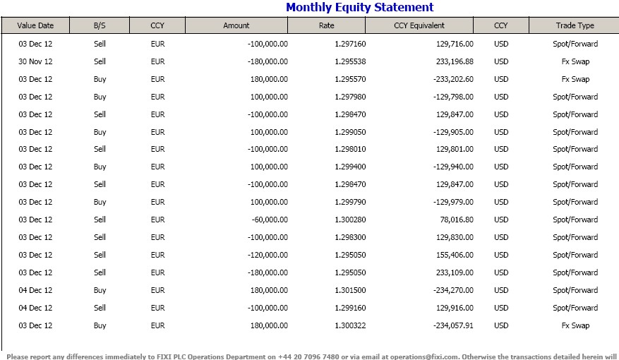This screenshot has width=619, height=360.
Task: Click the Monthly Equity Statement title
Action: [x=359, y=8]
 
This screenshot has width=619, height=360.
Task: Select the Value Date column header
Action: [x=35, y=25]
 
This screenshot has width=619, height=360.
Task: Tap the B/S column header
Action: [x=100, y=25]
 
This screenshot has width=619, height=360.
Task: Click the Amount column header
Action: [x=236, y=25]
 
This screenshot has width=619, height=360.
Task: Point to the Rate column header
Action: [x=326, y=25]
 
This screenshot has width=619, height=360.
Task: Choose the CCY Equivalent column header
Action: [x=419, y=25]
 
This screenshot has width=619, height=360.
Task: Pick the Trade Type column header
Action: [x=575, y=25]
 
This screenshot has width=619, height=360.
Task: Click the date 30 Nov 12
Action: [x=35, y=61]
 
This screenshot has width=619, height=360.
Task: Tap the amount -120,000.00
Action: [x=265, y=255]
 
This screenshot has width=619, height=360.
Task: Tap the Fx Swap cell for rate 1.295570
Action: [x=575, y=79]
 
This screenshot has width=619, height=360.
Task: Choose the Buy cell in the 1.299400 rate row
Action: [x=100, y=167]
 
